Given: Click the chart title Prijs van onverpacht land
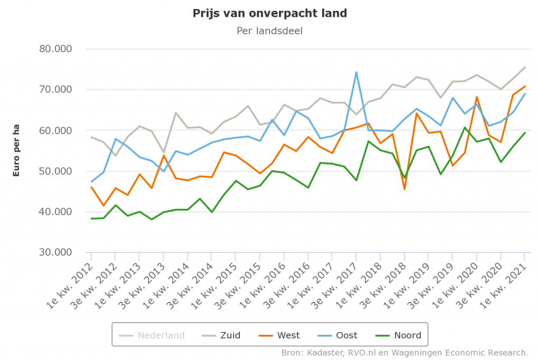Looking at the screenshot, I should (x=269, y=13).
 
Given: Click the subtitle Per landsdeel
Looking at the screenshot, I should (x=269, y=31).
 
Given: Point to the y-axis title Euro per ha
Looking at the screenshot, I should (x=16, y=151).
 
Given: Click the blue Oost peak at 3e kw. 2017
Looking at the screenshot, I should (x=356, y=72).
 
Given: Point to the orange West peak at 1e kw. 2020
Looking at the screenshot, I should (x=477, y=97).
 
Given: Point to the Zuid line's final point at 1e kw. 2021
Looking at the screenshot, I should (x=525, y=67).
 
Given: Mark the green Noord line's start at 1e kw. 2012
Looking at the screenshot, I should (x=92, y=219).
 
